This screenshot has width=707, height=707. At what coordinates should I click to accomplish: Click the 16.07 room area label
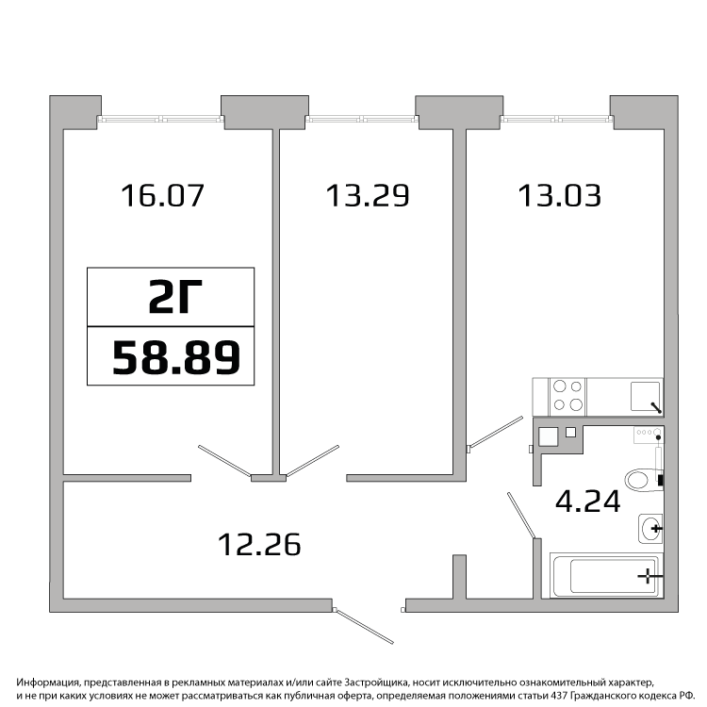pyautogui.click(x=163, y=196)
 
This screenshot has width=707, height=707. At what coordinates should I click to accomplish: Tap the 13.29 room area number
pyautogui.click(x=368, y=196)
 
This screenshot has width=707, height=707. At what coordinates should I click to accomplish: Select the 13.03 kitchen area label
pyautogui.click(x=560, y=196)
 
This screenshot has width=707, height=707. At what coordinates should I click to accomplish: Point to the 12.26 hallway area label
pyautogui.click(x=259, y=544)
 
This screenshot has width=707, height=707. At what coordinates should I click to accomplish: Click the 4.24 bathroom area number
pyautogui.click(x=588, y=501)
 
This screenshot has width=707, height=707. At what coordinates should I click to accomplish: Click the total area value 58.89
pyautogui.click(x=176, y=357)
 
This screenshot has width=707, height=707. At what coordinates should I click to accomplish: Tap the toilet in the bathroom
pyautogui.click(x=645, y=479)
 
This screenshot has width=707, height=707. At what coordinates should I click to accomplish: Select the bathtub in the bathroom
pyautogui.click(x=606, y=576)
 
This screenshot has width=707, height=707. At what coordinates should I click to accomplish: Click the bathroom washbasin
pyautogui.click(x=650, y=528)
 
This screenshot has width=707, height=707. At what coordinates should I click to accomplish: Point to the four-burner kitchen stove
pyautogui.click(x=567, y=397)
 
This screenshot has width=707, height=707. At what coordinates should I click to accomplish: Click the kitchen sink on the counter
pyautogui.click(x=645, y=396)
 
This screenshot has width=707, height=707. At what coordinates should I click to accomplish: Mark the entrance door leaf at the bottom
pyautogui.click(x=365, y=626)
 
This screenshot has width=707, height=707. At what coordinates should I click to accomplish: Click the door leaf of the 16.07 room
pyautogui.click(x=224, y=461)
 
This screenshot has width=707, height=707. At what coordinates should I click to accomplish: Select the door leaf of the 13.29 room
pyautogui.click(x=312, y=460)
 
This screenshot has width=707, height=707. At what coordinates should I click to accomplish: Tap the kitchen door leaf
pyautogui.click(x=496, y=432)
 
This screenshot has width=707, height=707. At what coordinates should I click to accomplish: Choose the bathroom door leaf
pyautogui.click(x=521, y=516)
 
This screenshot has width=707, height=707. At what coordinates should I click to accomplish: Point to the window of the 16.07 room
pyautogui.click(x=161, y=120)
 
